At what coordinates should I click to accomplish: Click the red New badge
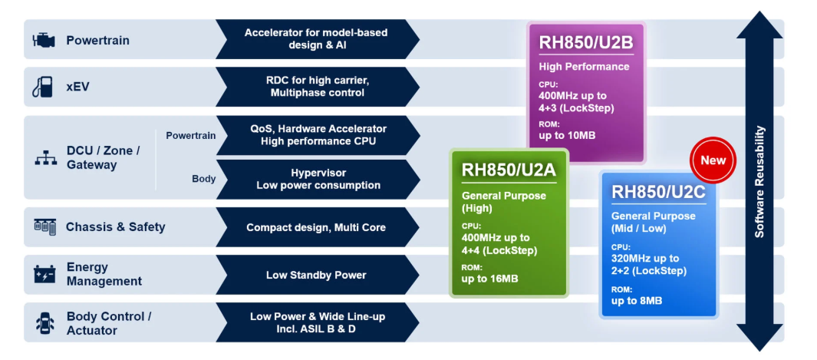[713, 160]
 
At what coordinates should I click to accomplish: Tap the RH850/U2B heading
[586, 42]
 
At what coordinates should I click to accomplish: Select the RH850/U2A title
[509, 170]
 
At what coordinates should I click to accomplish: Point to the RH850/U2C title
[658, 192]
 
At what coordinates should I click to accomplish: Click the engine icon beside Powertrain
[44, 40]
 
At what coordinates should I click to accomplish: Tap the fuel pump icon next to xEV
[42, 87]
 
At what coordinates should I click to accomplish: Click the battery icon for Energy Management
[44, 274]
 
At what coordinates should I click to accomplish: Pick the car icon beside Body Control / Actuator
[44, 323]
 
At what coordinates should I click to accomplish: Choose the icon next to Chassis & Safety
[44, 226]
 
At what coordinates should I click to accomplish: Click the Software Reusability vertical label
[759, 182]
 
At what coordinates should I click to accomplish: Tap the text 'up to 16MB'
[489, 278]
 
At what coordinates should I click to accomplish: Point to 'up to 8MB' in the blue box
[636, 300]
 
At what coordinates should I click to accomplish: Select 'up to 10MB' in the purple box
[567, 135]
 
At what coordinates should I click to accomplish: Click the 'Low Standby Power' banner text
[316, 275]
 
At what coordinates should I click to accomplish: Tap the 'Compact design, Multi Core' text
[316, 227]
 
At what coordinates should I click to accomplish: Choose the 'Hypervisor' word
[318, 173]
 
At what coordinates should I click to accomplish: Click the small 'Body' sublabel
[203, 179]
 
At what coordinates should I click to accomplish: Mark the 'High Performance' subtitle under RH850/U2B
[584, 67]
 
